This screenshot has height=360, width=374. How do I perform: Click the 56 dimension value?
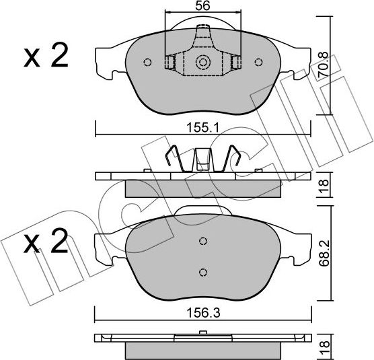tap(202, 6)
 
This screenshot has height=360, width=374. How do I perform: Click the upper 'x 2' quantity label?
tap(46, 57)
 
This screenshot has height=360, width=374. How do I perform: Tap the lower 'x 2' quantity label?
tap(46, 241)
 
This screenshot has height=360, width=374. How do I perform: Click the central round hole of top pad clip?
tap(202, 63)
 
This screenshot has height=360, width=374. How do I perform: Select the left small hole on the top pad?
tap(147, 63)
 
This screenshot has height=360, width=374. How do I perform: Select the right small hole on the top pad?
tap(258, 63)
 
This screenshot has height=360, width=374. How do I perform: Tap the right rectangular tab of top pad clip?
tap(235, 63)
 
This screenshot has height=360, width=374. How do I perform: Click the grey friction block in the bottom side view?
tap(202, 351)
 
